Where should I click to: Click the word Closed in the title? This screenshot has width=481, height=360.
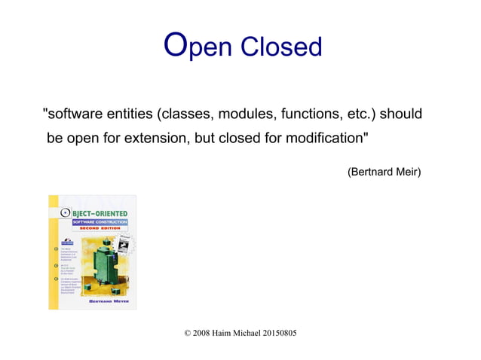(x=281, y=47)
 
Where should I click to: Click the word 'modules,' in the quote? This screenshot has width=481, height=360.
(x=248, y=115)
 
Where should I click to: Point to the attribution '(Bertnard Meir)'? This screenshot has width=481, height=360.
(x=384, y=173)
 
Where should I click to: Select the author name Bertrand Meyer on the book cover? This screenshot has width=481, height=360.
(x=106, y=301)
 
